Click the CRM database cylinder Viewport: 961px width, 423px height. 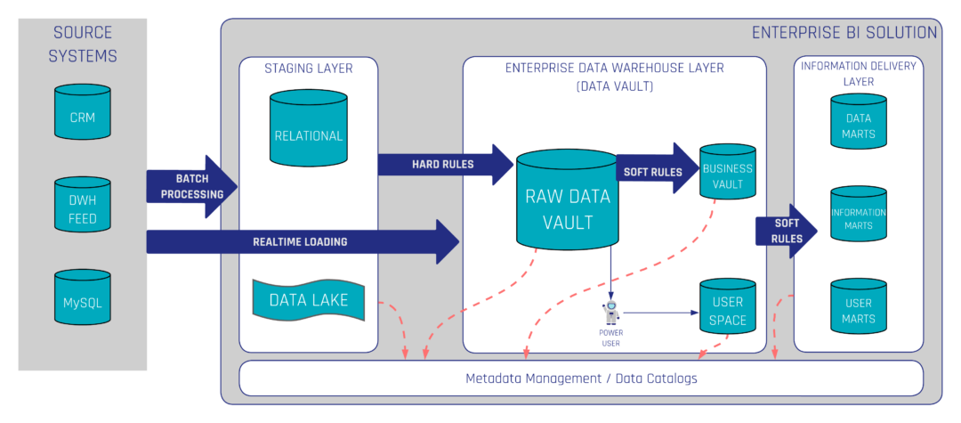tap(82, 112)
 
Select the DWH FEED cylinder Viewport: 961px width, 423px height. tap(82, 207)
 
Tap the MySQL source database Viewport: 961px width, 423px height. tap(82, 299)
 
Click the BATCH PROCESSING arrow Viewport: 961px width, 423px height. tap(192, 187)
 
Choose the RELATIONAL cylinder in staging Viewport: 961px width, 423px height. tap(308, 130)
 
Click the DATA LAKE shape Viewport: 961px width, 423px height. tap(308, 300)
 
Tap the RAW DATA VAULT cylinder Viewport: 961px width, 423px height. tap(569, 200)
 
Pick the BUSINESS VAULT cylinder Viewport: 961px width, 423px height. tap(727, 172)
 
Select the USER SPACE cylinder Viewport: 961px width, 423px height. tap(727, 308)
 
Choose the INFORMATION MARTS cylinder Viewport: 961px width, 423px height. tap(859, 216)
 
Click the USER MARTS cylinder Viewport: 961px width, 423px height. tap(859, 308)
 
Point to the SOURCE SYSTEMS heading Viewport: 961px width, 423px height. tap(83, 45)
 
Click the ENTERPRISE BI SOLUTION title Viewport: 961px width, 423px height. tap(844, 33)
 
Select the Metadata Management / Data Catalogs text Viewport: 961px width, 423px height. tap(581, 378)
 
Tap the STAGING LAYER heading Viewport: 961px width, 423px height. tap(308, 69)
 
